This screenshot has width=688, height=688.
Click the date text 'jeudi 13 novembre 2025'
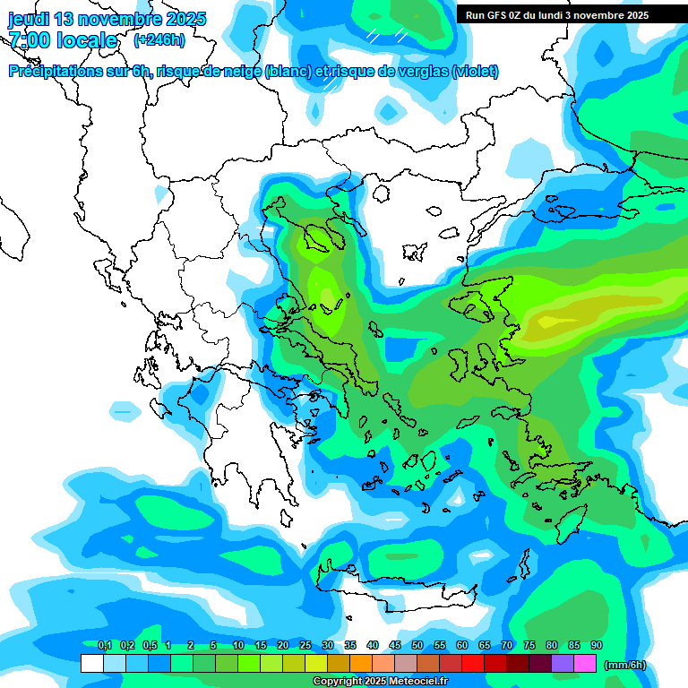pos(107,19)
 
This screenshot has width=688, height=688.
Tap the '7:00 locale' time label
pos(63,40)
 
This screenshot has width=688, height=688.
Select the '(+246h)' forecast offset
pos(159,40)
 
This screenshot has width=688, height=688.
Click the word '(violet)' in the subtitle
pos(476,72)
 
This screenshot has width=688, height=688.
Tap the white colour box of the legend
pos(91,664)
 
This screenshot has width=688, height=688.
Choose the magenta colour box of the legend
pos(585,664)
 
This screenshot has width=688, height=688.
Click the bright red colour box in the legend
pos(473,664)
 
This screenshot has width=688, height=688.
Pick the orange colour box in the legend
pos(361,664)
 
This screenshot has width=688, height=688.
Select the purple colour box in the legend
pos(563,664)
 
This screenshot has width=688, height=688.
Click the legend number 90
pos(596,646)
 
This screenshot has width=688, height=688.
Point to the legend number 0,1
pos(104,646)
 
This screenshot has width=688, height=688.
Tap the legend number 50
pos(417,646)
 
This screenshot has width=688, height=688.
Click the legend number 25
pos(305,646)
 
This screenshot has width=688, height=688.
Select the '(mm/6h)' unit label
pos(625,665)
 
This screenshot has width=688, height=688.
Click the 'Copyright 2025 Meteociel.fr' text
pos(380,682)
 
